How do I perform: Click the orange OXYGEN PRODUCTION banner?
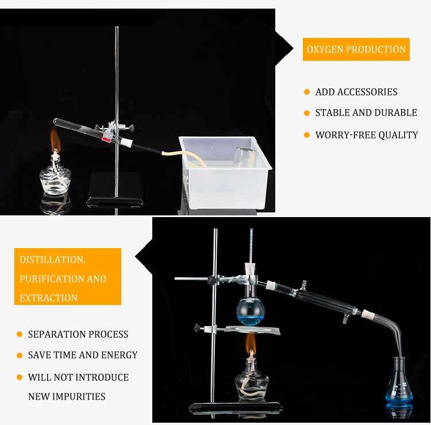click(356, 49)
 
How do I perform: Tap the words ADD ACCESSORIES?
click(356, 92)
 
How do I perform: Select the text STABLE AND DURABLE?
click(366, 113)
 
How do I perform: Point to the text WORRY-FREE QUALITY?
click(367, 135)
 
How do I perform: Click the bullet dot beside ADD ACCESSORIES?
click(307, 92)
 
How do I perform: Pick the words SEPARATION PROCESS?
click(78, 334)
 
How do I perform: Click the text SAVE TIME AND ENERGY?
click(83, 355)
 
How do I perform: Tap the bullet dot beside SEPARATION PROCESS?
click(20, 334)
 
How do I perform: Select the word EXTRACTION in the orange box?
click(49, 298)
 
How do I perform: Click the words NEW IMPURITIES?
click(67, 396)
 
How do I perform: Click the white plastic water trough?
click(225, 172)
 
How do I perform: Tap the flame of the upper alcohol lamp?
click(55, 140)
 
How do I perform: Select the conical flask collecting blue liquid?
click(399, 382)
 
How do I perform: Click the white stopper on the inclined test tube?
click(127, 142)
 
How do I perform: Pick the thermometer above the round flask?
click(251, 246)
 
